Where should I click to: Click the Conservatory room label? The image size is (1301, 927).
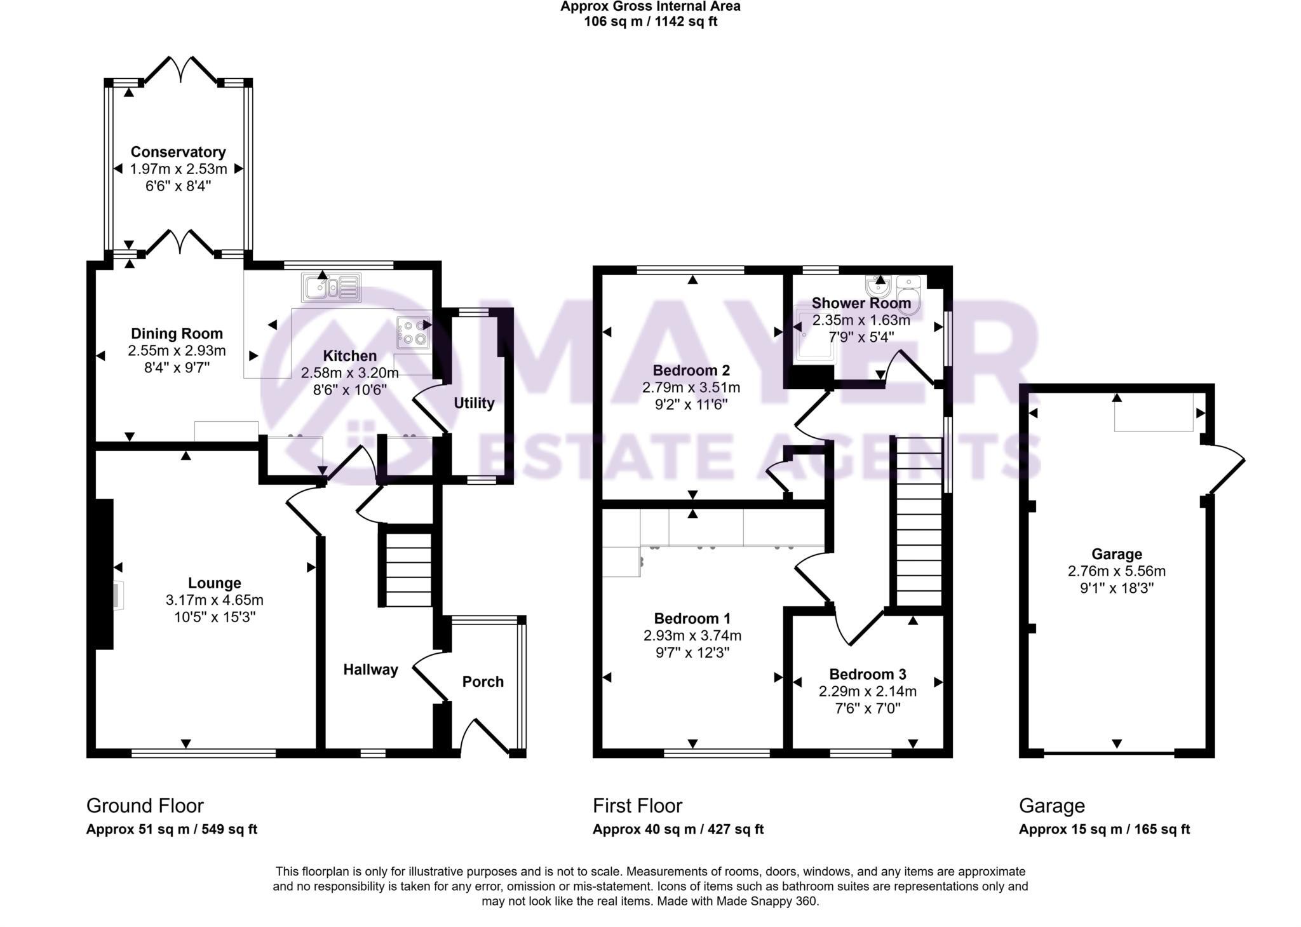coord(178,152)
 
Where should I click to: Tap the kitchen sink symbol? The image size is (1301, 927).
coord(332,288)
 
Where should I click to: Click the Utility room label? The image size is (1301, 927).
coord(474,403)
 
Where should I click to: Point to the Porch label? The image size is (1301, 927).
coord(483,682)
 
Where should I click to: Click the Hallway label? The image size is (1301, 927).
coord(370,669)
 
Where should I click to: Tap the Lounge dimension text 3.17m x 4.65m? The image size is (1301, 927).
coord(214,600)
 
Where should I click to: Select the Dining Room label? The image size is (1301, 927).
coord(177,334)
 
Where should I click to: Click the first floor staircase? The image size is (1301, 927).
coord(918,521)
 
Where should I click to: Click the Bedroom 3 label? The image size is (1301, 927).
coord(867,674)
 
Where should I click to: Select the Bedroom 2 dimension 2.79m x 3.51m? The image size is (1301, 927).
coord(691,387)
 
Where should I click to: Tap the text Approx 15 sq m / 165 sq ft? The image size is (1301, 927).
coord(1104,829)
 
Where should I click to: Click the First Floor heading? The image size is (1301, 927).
coord(637,806)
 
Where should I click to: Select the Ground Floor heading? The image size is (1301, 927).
coord(145,806)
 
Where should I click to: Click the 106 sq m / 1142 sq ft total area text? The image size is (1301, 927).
coord(650,22)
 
